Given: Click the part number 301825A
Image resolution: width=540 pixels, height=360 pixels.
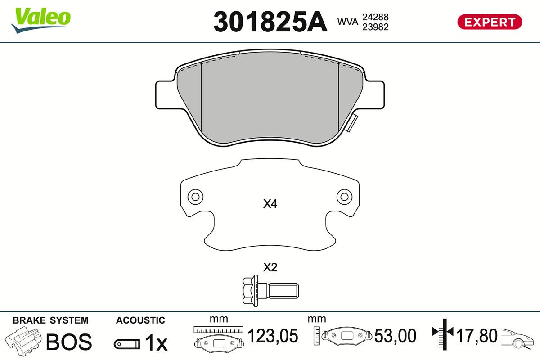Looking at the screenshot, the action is [270, 22].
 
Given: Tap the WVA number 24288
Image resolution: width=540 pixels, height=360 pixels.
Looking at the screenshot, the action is [375, 17].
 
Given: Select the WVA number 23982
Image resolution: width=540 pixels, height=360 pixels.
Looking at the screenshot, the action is [375, 27].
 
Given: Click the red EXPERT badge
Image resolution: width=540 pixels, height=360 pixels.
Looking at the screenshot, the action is [490, 22].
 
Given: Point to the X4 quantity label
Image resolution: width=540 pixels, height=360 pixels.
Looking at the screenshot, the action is [270, 204].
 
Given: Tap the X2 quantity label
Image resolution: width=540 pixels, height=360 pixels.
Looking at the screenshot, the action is [270, 267].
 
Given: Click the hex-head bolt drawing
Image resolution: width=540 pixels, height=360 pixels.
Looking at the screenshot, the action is [270, 291].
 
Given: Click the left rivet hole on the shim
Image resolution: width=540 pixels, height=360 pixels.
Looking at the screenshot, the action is [195, 197].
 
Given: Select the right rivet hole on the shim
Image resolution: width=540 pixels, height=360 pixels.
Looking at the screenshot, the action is [344, 197].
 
